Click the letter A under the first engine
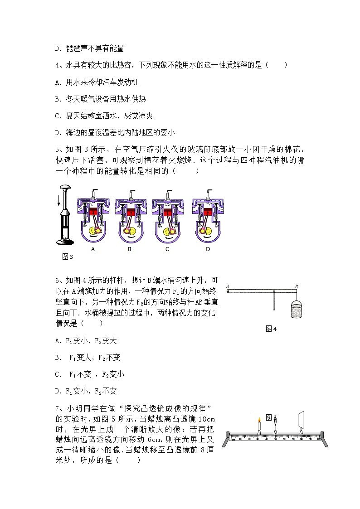click(x=92, y=249)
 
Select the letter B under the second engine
click(x=130, y=249)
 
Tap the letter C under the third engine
click(x=167, y=249)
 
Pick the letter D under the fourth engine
click(x=208, y=249)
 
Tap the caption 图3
click(x=67, y=257)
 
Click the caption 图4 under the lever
click(x=271, y=329)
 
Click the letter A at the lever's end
click(x=227, y=286)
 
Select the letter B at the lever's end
click(x=296, y=286)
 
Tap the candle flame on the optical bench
click(x=259, y=420)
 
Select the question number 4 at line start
click(x=57, y=65)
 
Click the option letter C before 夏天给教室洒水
click(x=57, y=116)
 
